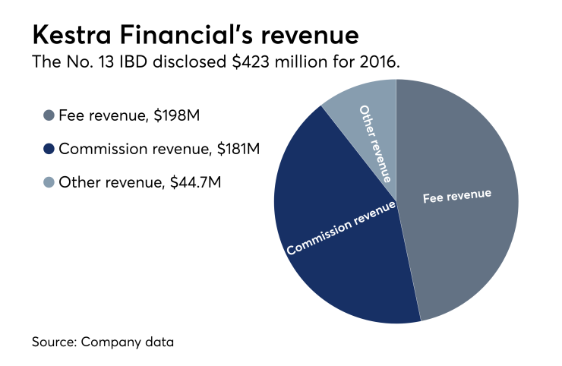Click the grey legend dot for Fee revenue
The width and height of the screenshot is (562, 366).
point(49,115)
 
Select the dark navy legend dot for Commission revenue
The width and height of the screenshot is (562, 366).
point(49,150)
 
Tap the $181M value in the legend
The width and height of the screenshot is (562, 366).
point(236,150)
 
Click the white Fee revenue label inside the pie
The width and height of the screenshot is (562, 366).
point(456,196)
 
